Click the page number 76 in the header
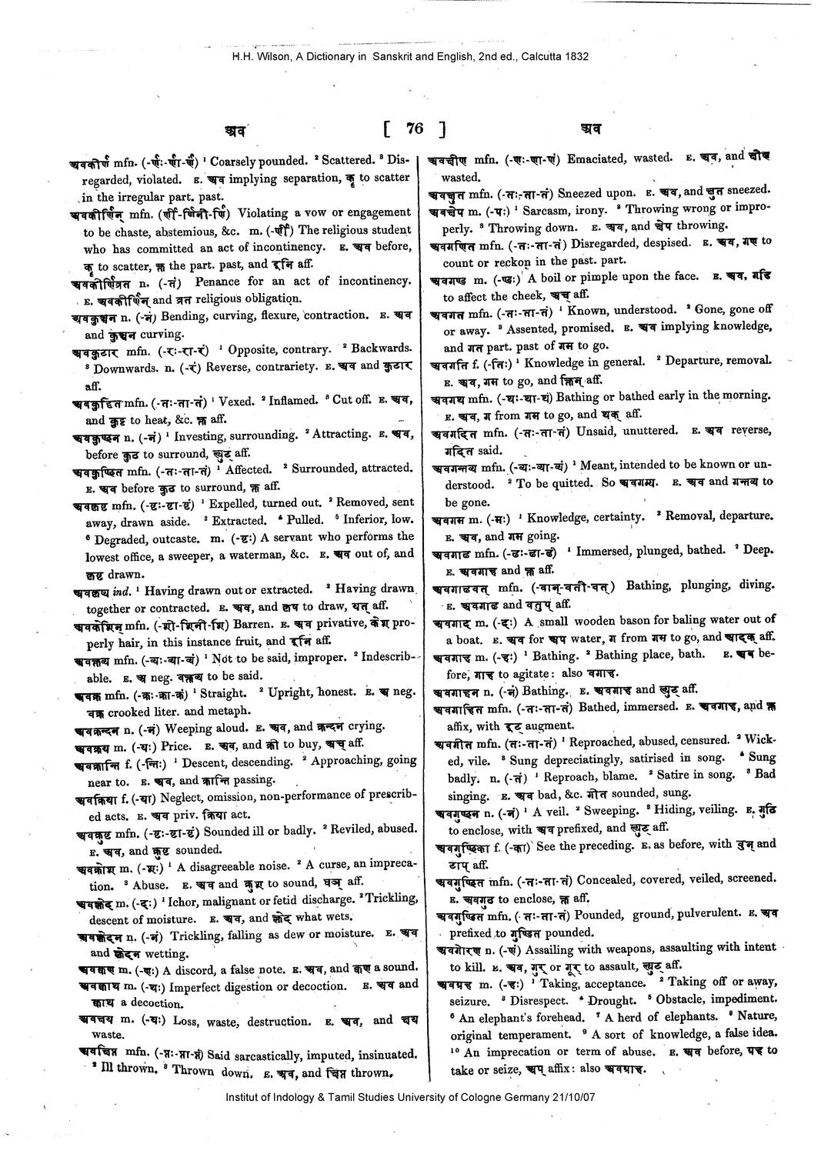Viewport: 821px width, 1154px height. tap(415, 128)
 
